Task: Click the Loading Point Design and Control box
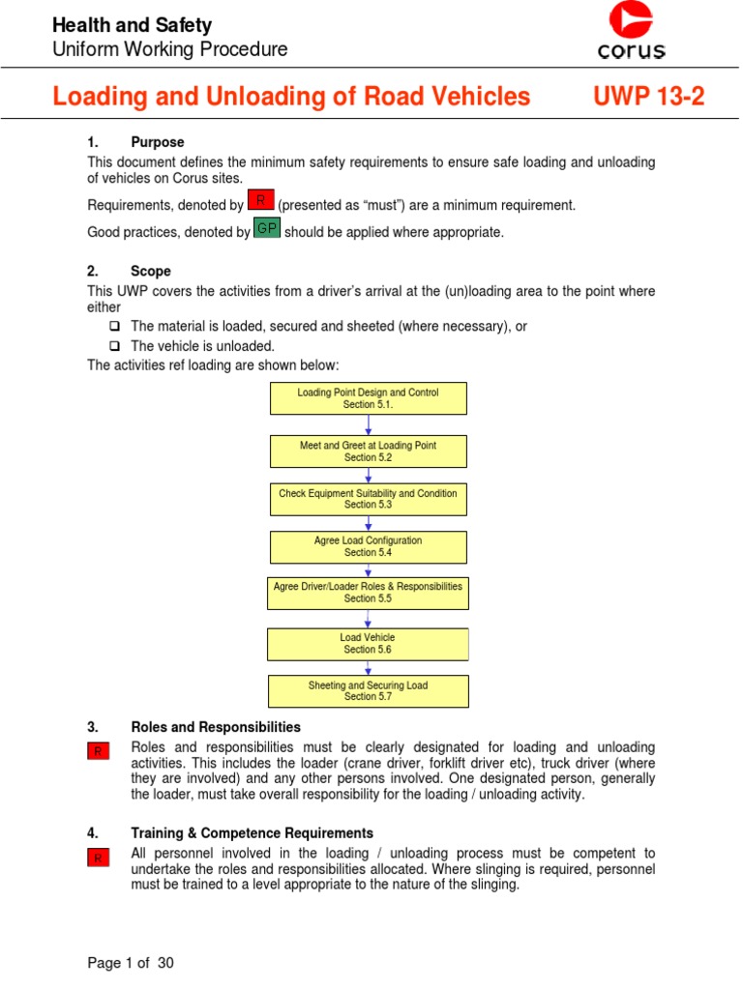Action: pyautogui.click(x=368, y=398)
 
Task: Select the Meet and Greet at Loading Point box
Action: pyautogui.click(x=368, y=451)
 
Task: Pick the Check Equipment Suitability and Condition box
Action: pyautogui.click(x=368, y=499)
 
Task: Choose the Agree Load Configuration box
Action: pyautogui.click(x=368, y=547)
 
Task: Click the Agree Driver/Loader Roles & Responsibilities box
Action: pyautogui.click(x=368, y=593)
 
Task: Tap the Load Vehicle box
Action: pyautogui.click(x=368, y=644)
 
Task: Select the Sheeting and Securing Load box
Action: pyautogui.click(x=368, y=691)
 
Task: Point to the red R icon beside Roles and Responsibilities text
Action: pyautogui.click(x=98, y=751)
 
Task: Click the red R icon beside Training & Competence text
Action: pyautogui.click(x=98, y=858)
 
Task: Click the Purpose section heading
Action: pyautogui.click(x=157, y=142)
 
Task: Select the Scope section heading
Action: pyautogui.click(x=151, y=271)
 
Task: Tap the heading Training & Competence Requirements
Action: pyautogui.click(x=252, y=832)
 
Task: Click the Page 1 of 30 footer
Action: pyautogui.click(x=131, y=963)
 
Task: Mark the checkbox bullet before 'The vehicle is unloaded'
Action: pyautogui.click(x=114, y=346)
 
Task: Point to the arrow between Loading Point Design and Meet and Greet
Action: pyautogui.click(x=368, y=425)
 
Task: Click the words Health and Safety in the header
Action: pyautogui.click(x=132, y=25)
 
